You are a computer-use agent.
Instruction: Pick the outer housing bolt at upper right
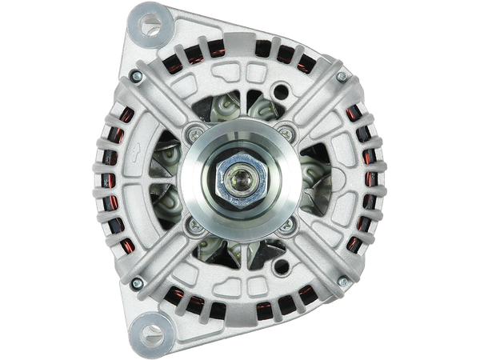coord(342,77)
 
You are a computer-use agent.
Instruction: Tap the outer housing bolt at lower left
coord(135,282)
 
